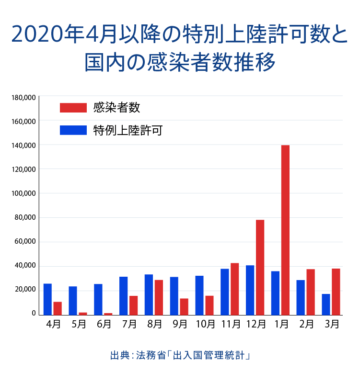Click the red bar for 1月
(x=285, y=230)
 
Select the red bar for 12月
(x=260, y=267)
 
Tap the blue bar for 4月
(x=47, y=299)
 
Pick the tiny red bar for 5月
(x=82, y=314)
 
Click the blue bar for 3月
(x=326, y=304)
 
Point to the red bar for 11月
(x=234, y=289)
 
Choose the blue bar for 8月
(x=149, y=294)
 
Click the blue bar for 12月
(x=250, y=290)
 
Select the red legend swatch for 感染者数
(x=73, y=108)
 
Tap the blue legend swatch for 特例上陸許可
(x=73, y=130)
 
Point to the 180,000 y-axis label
(x=24, y=97)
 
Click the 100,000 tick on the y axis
(x=24, y=193)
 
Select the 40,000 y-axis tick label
(x=25, y=265)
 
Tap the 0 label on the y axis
(x=34, y=314)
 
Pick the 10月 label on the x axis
(x=205, y=324)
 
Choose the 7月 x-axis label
(x=129, y=324)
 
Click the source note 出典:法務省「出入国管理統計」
(x=180, y=356)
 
